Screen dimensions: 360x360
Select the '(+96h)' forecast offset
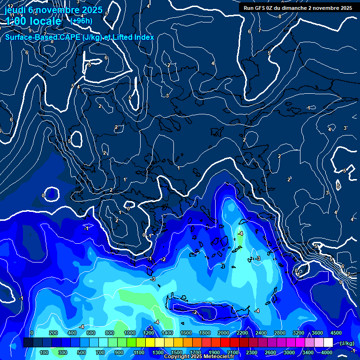pyautogui.click(x=81, y=21)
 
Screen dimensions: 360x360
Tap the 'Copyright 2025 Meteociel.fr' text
pyautogui.click(x=199, y=357)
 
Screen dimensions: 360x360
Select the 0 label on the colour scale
pyautogui.click(x=32, y=333)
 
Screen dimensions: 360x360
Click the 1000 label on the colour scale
pyautogui.click(x=130, y=333)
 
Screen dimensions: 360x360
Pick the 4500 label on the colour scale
pyautogui.click(x=336, y=333)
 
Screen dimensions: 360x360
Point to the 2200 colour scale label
pyautogui.click(x=242, y=333)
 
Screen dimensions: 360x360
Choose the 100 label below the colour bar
pyautogui.click(x=45, y=352)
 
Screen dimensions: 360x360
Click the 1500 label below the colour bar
pyautogui.click(x=177, y=352)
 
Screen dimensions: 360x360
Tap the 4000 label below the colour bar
pyautogui.click(x=327, y=352)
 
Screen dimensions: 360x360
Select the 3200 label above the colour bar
pyautogui.click(x=299, y=333)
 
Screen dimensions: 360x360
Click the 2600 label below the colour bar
pyautogui.click(x=270, y=352)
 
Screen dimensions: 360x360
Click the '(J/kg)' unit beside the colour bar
pyautogui.click(x=347, y=343)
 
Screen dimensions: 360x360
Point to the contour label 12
pyautogui.click(x=10, y=6)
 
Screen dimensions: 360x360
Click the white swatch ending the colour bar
pyautogui.click(x=328, y=343)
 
